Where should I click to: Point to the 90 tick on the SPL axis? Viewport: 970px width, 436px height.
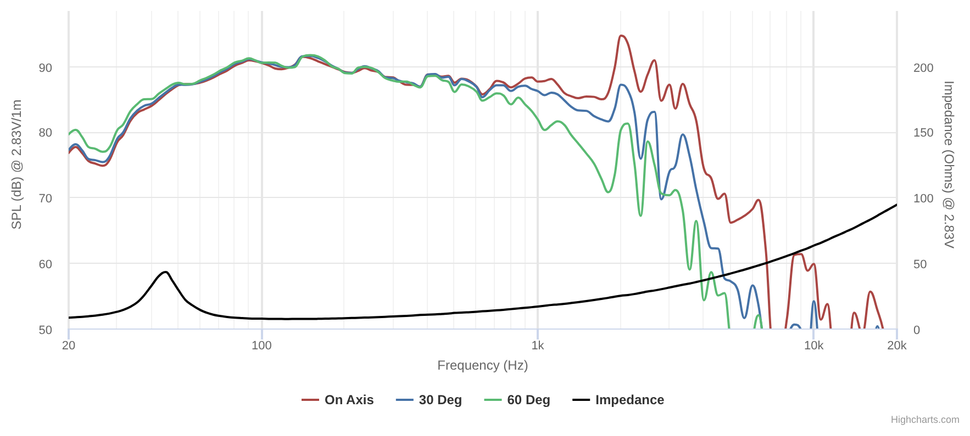tap(46, 68)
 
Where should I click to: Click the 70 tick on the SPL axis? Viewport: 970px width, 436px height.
tap(46, 199)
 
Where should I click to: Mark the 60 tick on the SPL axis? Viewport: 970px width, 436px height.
tap(46, 264)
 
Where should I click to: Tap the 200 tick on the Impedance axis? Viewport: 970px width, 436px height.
tap(923, 68)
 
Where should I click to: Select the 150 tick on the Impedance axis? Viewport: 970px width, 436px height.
tap(923, 133)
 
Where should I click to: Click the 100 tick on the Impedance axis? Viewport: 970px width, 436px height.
tap(923, 199)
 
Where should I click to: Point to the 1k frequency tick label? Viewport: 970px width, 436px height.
tap(538, 346)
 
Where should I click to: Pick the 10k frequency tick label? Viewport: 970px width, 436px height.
tap(813, 346)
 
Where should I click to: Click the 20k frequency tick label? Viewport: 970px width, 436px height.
tap(897, 346)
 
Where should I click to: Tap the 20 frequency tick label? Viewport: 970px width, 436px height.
tap(69, 346)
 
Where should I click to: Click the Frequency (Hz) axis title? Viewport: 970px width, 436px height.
tap(482, 365)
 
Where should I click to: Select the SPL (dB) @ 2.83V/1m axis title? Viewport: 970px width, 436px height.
tap(17, 165)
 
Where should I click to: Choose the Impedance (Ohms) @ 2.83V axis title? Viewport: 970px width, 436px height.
tap(949, 165)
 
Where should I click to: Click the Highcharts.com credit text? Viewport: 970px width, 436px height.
tap(925, 420)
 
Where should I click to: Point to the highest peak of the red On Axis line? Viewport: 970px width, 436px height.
tap(621, 36)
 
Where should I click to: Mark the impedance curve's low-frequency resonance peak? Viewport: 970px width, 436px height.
tap(165, 272)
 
